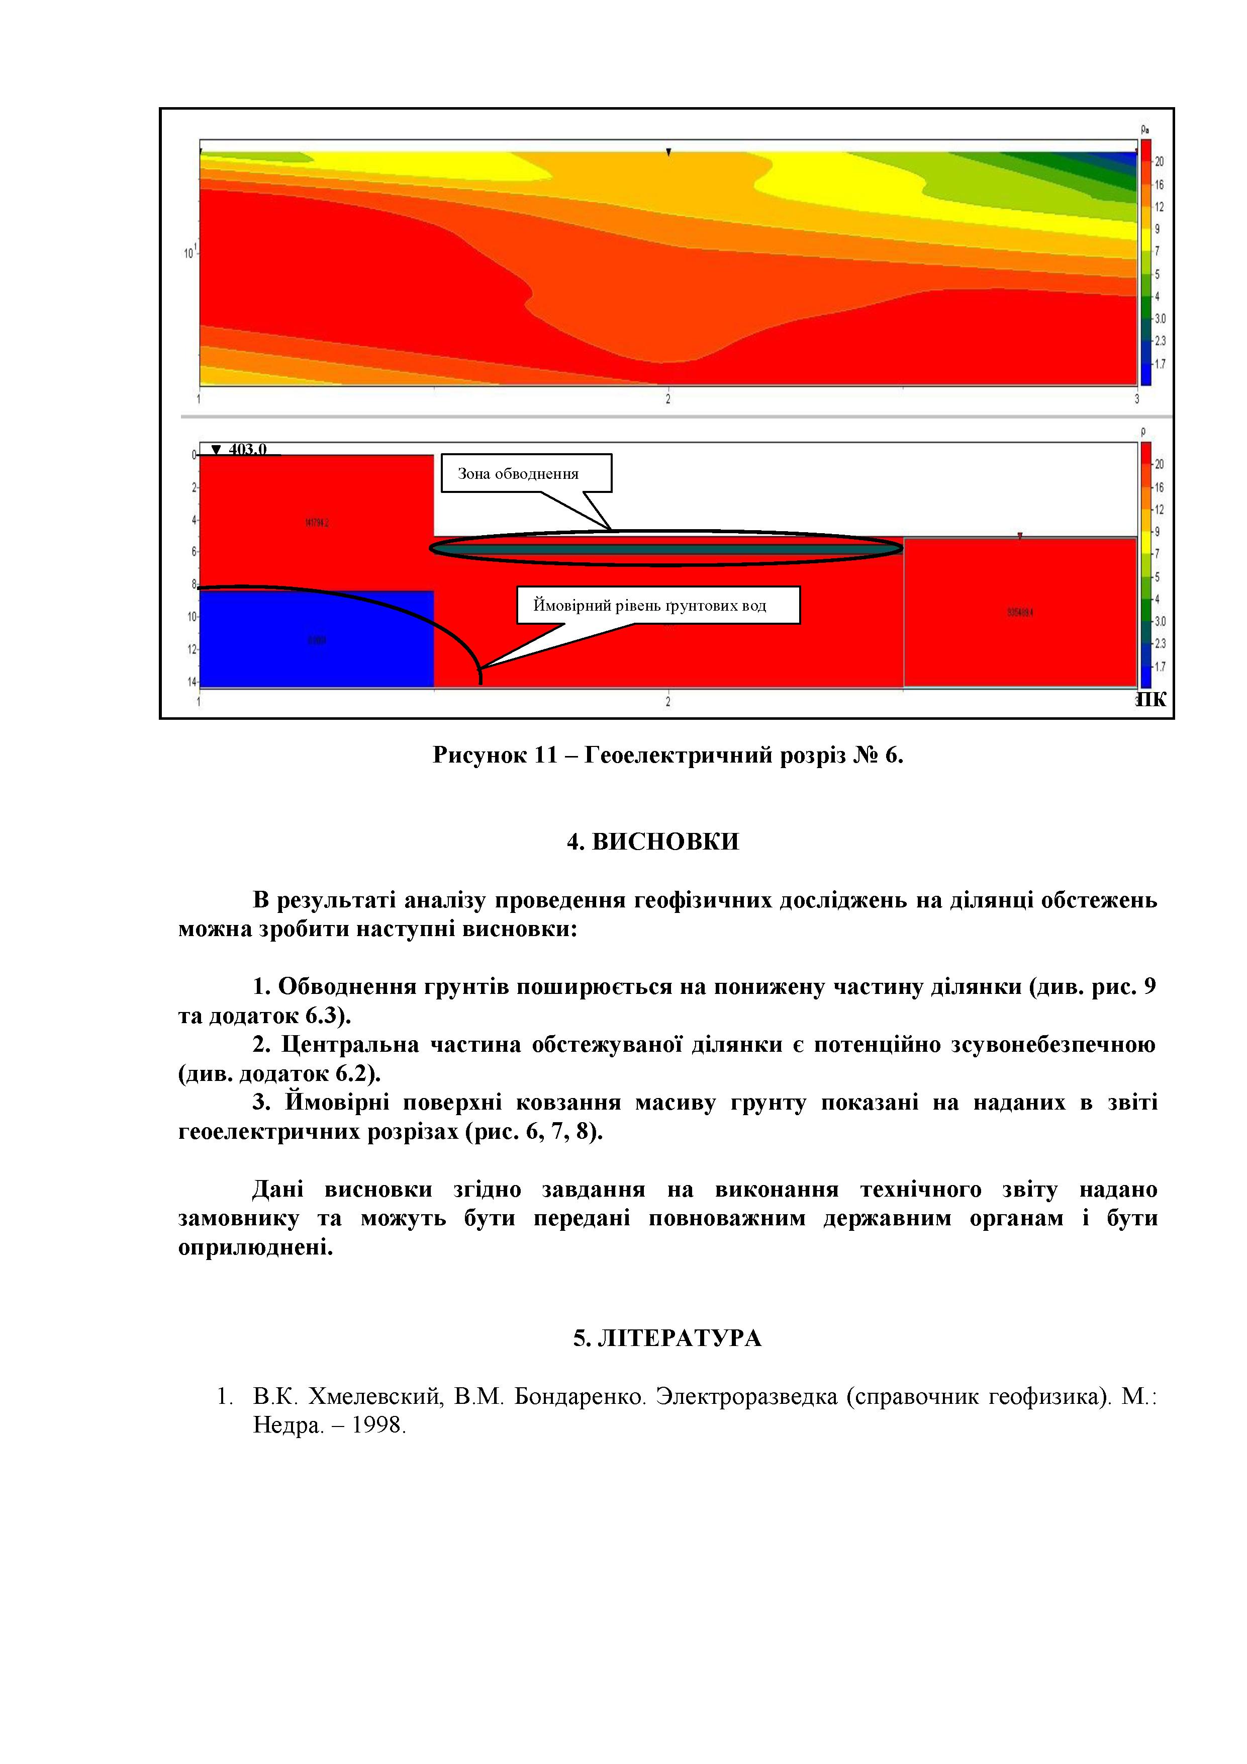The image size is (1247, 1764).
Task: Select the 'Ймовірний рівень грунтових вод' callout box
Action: click(657, 606)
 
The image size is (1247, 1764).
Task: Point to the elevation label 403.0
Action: click(247, 450)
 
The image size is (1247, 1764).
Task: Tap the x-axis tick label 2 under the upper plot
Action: click(668, 399)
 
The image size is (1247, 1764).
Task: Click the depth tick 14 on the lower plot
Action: click(192, 682)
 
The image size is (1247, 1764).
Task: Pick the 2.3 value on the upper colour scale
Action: click(1160, 341)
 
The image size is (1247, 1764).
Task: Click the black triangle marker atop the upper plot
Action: click(668, 152)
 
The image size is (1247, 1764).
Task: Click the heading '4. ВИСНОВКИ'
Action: click(653, 842)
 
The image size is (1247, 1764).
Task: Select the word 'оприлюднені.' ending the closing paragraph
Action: click(256, 1248)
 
